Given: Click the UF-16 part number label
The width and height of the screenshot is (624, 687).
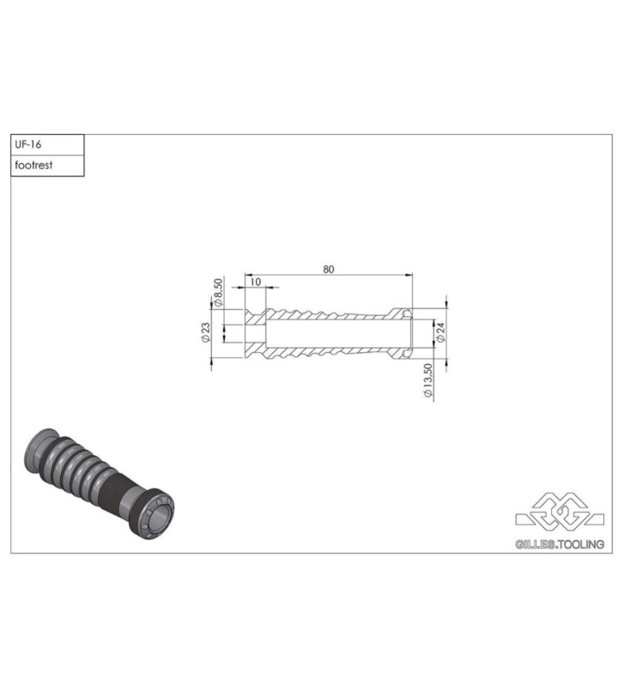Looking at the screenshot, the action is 28,144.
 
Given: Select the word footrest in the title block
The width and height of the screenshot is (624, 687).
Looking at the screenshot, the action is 33,165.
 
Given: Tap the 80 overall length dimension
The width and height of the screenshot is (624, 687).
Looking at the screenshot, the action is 329,269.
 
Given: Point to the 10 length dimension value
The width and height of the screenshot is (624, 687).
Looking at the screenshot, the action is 255,282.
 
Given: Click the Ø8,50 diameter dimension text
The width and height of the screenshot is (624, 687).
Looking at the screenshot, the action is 218,292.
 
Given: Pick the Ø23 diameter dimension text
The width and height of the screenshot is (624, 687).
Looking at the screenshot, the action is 205,333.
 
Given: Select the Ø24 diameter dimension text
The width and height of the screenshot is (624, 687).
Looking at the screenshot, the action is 440,332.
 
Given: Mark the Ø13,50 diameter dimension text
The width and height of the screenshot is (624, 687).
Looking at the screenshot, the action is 427,380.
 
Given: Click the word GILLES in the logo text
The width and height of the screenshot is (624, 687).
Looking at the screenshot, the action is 535,544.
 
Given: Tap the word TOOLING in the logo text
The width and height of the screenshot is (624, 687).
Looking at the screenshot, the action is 582,544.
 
